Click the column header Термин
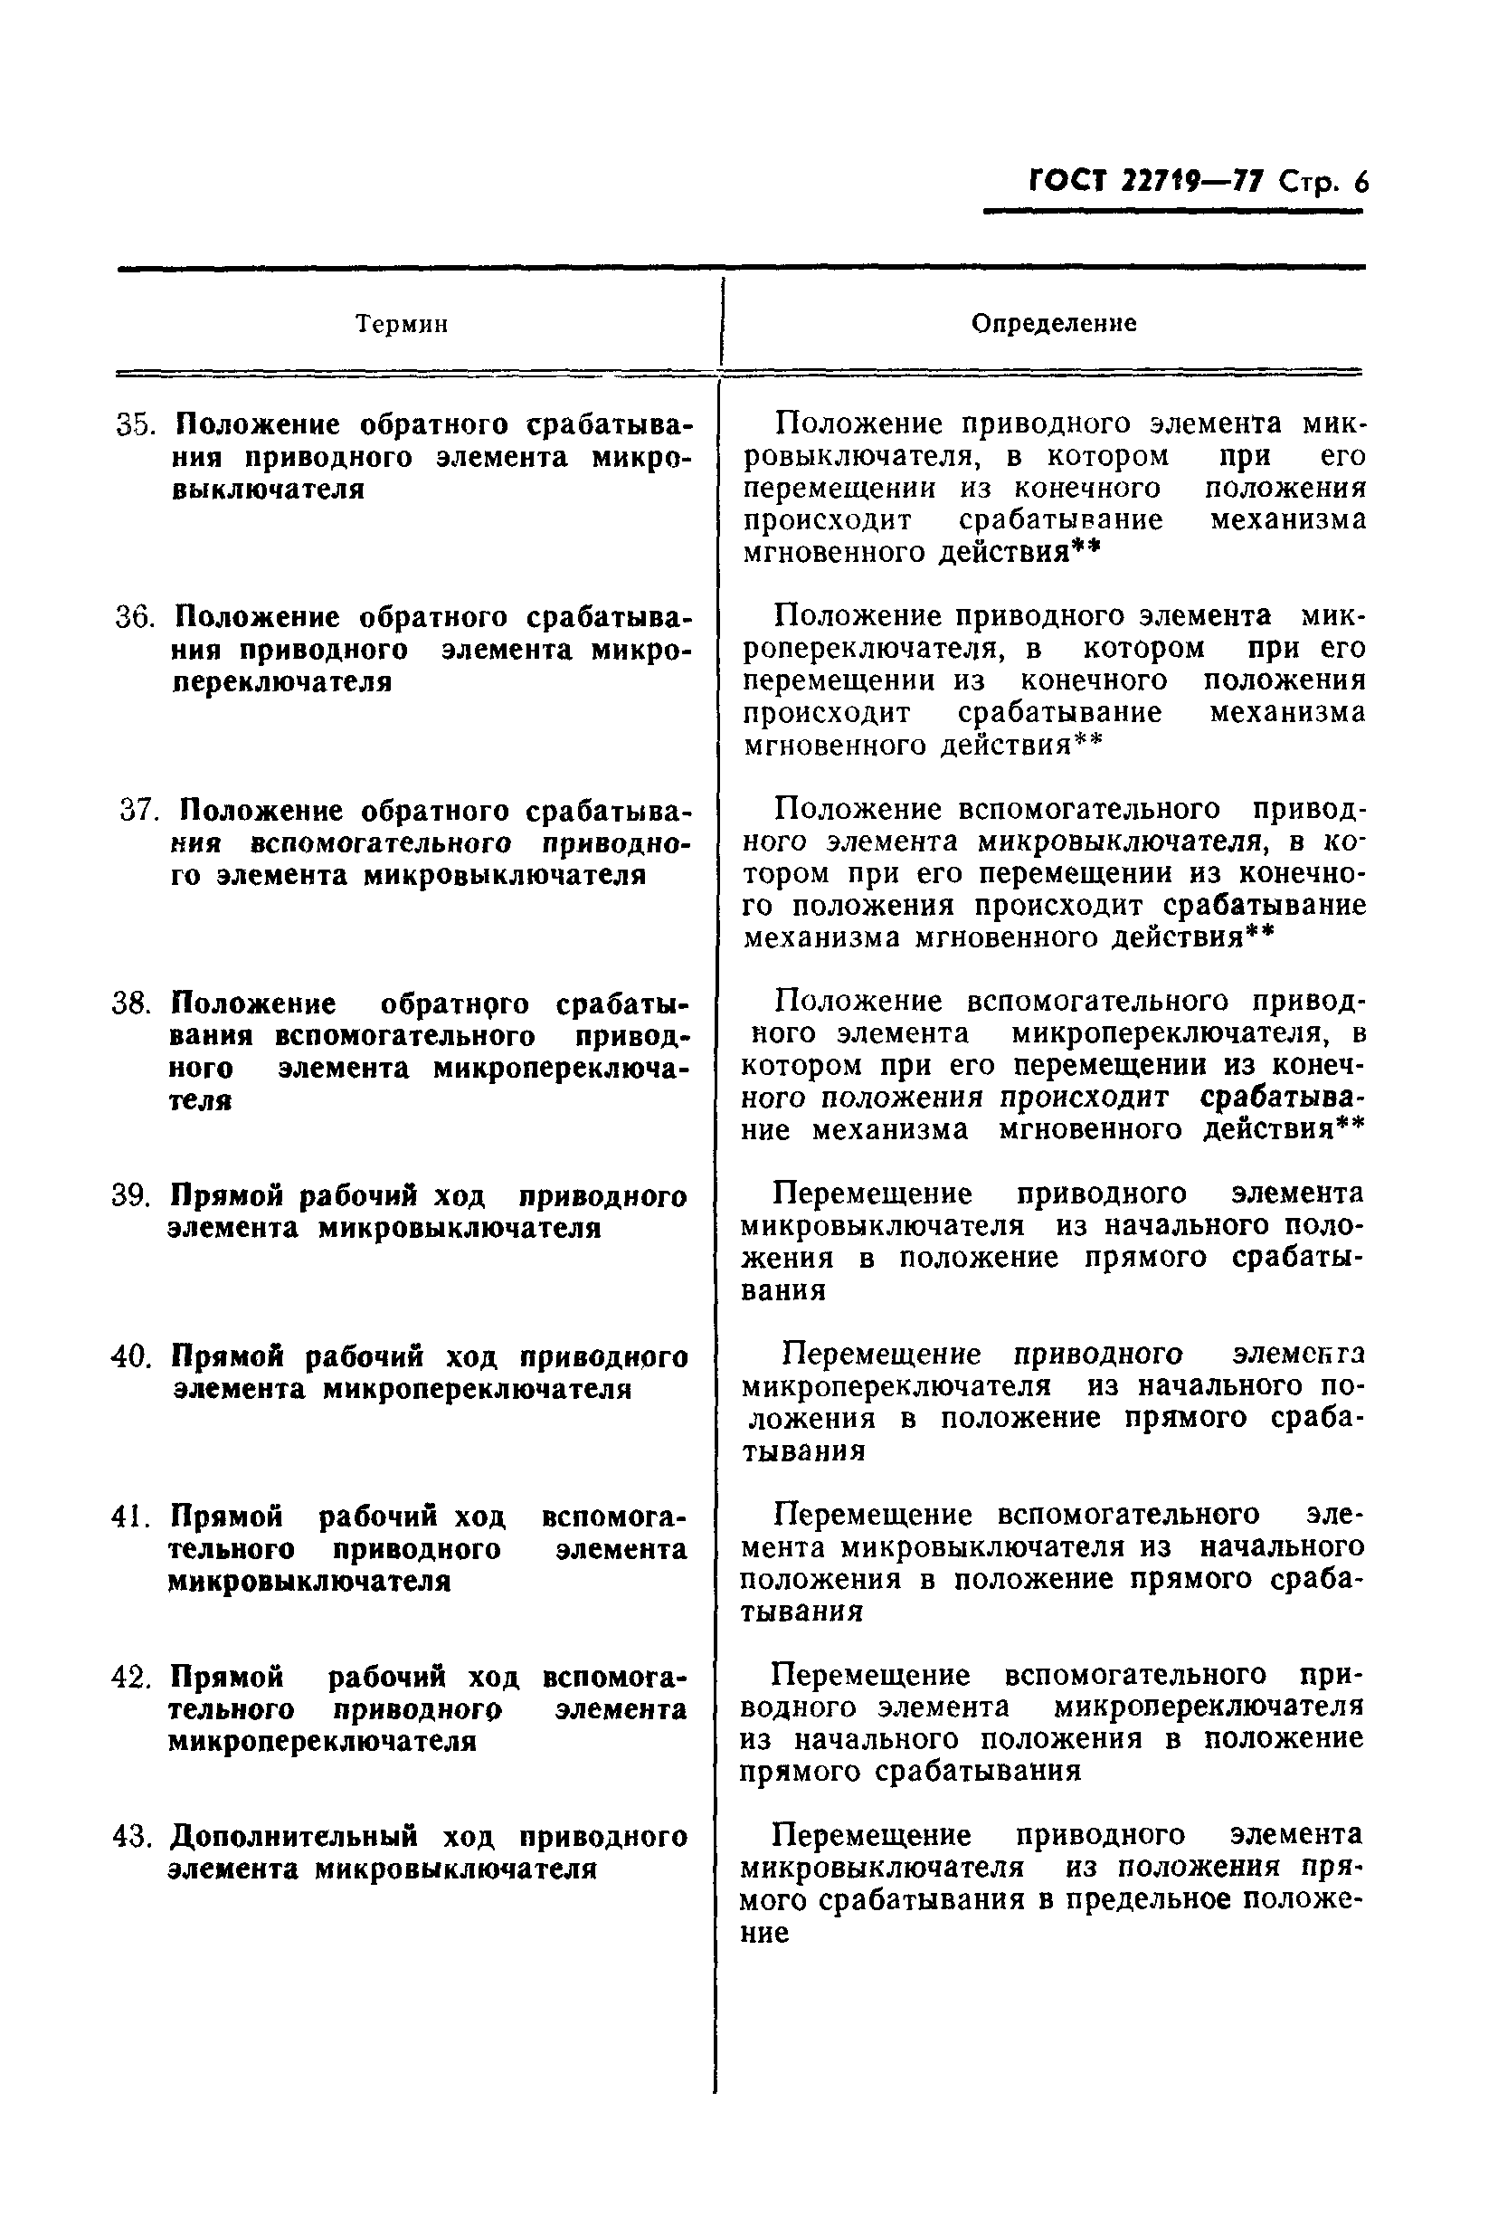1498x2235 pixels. coord(402,324)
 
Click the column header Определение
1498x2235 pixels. coord(1054,323)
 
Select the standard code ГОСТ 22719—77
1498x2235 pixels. coord(1147,181)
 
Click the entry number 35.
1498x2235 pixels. coord(135,424)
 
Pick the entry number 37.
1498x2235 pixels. coord(137,812)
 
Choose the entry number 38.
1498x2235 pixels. coord(132,1004)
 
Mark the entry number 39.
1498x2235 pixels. coord(131,1195)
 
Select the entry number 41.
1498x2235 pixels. coord(131,1517)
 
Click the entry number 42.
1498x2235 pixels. coord(131,1677)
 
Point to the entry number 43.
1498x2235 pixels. coord(131,1837)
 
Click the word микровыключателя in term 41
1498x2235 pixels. coord(308,1581)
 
